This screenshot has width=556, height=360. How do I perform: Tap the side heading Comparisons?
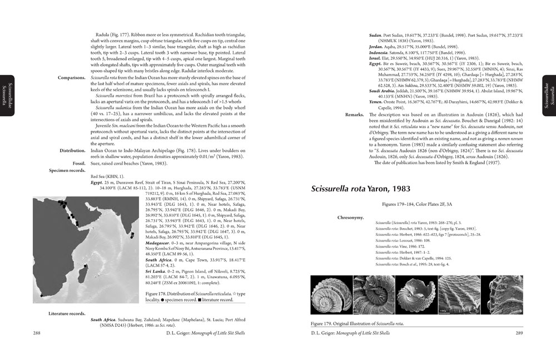71,78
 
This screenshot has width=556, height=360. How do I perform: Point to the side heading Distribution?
72,150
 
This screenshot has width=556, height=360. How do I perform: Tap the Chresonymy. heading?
353,217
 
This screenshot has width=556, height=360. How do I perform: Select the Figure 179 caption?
357,323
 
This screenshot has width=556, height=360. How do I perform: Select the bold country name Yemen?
378,102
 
